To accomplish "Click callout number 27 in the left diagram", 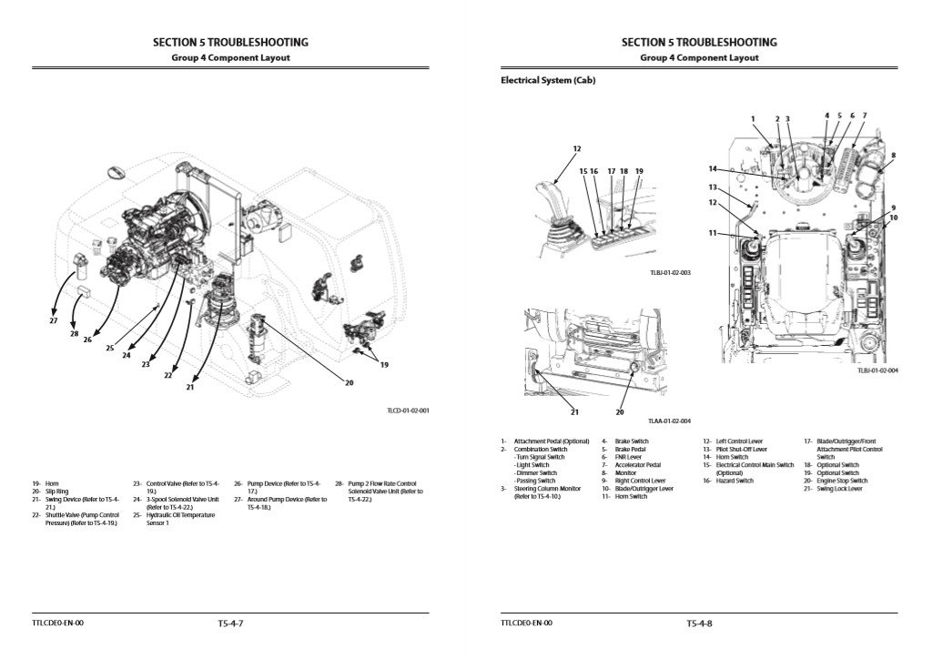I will (x=53, y=320).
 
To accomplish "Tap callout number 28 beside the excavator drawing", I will (x=75, y=333).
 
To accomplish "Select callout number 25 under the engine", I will (x=110, y=348).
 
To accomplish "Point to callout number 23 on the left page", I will (x=146, y=364).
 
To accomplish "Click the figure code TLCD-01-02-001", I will (x=408, y=411).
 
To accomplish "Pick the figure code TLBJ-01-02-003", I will (x=671, y=272).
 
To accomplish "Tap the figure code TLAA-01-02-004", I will (x=670, y=421).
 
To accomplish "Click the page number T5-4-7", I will (x=231, y=624).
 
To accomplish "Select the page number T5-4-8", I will (x=699, y=624).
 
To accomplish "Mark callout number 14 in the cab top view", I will (x=713, y=168).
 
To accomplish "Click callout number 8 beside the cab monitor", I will (x=894, y=155).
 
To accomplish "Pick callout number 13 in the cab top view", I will (x=713, y=187).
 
